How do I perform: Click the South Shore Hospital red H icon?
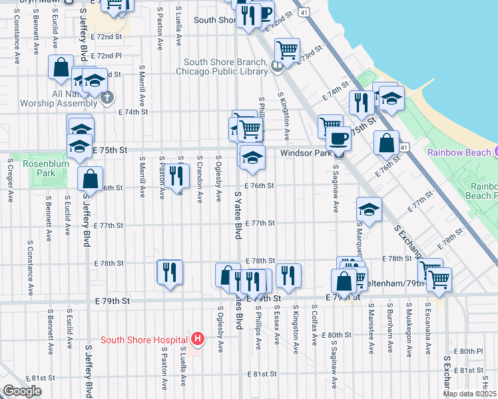tap(197, 340)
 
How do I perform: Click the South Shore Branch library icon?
tap(276, 66)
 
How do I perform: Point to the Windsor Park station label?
tap(306, 153)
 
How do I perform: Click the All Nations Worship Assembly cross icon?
tap(106, 98)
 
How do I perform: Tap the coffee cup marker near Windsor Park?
tap(338, 139)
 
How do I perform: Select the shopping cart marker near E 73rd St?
tap(288, 49)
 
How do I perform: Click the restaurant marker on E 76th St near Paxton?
tap(176, 176)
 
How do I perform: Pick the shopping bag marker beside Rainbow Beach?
tap(386, 142)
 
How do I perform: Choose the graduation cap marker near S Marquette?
tap(369, 209)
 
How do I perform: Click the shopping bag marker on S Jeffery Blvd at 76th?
tap(90, 178)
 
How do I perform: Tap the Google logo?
tap(22, 391)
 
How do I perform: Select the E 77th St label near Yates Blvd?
tap(260, 223)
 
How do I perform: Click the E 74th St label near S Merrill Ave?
tap(132, 112)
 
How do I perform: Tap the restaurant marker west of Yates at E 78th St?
tap(169, 271)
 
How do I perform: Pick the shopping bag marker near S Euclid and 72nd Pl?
tap(61, 67)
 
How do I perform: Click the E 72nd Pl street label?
tap(107, 56)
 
